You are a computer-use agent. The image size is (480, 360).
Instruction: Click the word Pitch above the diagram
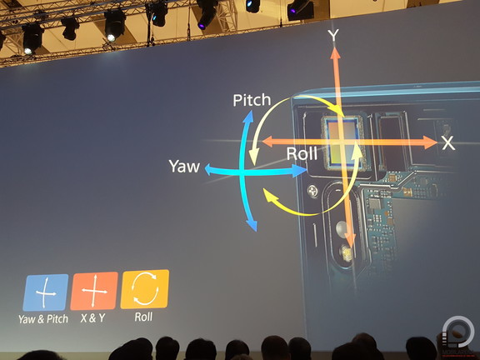click(x=252, y=100)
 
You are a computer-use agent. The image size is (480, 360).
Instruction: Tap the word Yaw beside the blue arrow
click(x=184, y=166)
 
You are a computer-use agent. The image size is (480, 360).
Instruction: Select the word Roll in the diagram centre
click(x=302, y=153)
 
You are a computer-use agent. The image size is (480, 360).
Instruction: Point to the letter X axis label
click(x=448, y=143)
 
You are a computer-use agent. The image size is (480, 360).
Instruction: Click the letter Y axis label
click(x=333, y=36)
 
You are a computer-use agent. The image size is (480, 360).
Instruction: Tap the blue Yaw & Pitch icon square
click(x=46, y=292)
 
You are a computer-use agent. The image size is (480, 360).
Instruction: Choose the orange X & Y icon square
click(x=94, y=291)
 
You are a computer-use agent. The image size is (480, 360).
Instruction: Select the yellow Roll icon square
click(x=145, y=289)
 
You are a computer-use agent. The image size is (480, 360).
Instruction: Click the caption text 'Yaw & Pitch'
click(x=43, y=319)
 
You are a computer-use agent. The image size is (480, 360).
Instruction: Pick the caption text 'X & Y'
click(x=92, y=318)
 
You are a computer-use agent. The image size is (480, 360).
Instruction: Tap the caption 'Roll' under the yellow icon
click(x=143, y=317)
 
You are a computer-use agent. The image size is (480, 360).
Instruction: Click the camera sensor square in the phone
click(x=342, y=142)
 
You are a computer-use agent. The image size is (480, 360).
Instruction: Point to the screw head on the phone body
click(x=312, y=192)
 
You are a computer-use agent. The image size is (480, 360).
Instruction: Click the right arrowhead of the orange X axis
click(x=430, y=142)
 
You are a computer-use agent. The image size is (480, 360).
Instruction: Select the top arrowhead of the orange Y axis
click(x=335, y=52)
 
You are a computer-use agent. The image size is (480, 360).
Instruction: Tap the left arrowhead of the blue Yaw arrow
click(x=208, y=169)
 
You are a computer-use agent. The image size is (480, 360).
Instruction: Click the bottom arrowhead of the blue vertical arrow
click(x=252, y=225)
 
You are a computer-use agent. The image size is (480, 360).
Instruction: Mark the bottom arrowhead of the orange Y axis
click(x=350, y=241)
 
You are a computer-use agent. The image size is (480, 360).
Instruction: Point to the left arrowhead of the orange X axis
click(x=268, y=142)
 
